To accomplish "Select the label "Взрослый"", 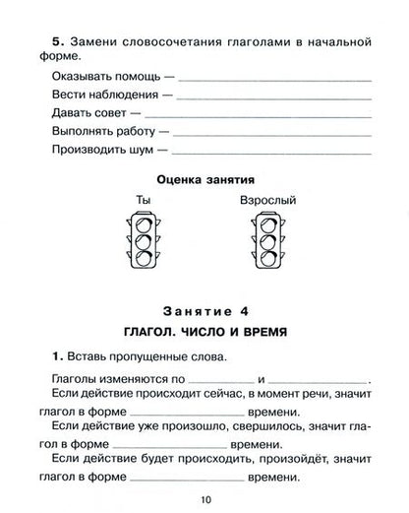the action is [266, 202].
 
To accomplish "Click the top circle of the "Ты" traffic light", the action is [143, 224].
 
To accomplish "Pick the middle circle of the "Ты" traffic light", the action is [143, 241].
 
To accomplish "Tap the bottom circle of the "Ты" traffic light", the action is [143, 259].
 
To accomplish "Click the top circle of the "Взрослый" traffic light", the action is [267, 224].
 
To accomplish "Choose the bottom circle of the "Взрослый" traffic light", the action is [267, 259].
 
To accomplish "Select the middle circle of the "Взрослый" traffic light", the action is [267, 241].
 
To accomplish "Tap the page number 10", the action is [204, 499].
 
